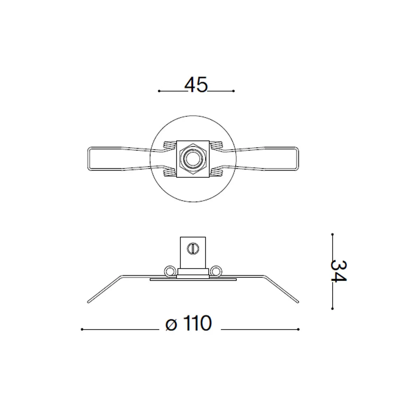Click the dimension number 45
[x=196, y=85]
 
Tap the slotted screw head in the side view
[x=193, y=248]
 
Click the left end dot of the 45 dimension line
[x=159, y=91]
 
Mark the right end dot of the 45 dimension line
[x=233, y=91]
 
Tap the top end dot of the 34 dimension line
[x=332, y=234]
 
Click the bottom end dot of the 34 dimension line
[x=332, y=308]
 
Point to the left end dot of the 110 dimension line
[x=82, y=329]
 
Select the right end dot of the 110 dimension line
[x=299, y=329]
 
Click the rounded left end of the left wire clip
[x=87, y=159]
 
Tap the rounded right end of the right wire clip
[x=298, y=159]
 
